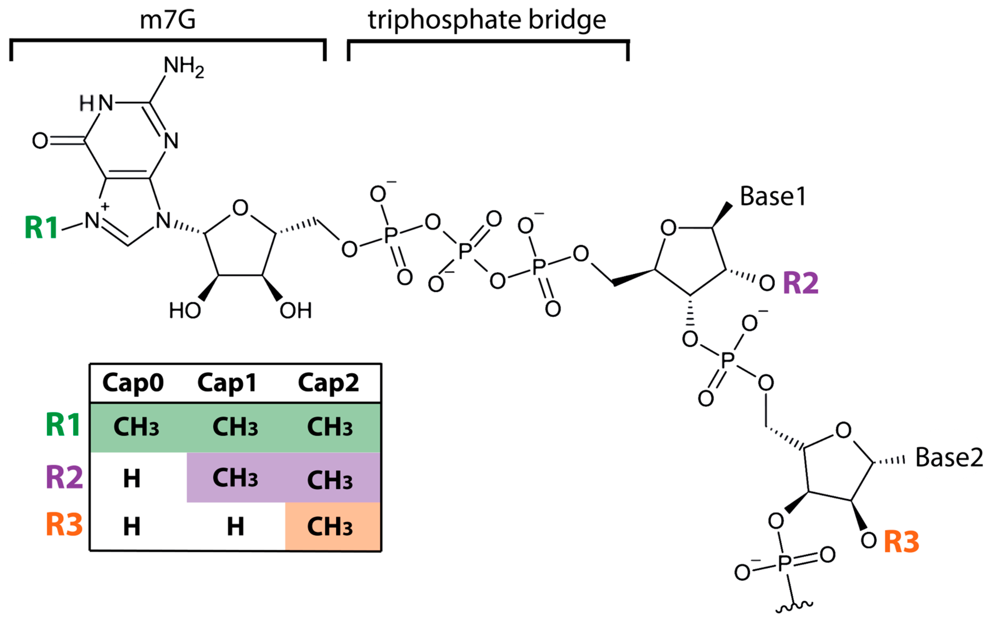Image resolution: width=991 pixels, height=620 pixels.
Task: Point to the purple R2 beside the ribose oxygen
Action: pos(800,283)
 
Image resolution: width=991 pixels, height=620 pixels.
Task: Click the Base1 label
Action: pos(772,197)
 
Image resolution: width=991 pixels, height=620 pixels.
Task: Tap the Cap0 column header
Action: pos(133,383)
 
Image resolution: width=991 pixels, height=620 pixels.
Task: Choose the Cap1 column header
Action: pos(227,383)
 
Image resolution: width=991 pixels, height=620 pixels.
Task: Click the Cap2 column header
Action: pos(328,383)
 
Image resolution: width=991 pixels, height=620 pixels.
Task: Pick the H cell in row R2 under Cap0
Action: pos(132,478)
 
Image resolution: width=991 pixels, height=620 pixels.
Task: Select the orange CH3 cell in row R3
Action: pos(330,527)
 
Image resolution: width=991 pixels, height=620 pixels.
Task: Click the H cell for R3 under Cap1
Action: pos(236,527)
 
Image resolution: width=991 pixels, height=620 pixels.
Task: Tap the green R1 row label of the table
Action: pos(63,425)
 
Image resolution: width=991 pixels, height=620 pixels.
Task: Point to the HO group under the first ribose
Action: pos(185,310)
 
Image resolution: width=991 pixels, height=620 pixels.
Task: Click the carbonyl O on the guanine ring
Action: pos(40,141)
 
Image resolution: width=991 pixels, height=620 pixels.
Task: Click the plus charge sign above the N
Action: pos(105,206)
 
